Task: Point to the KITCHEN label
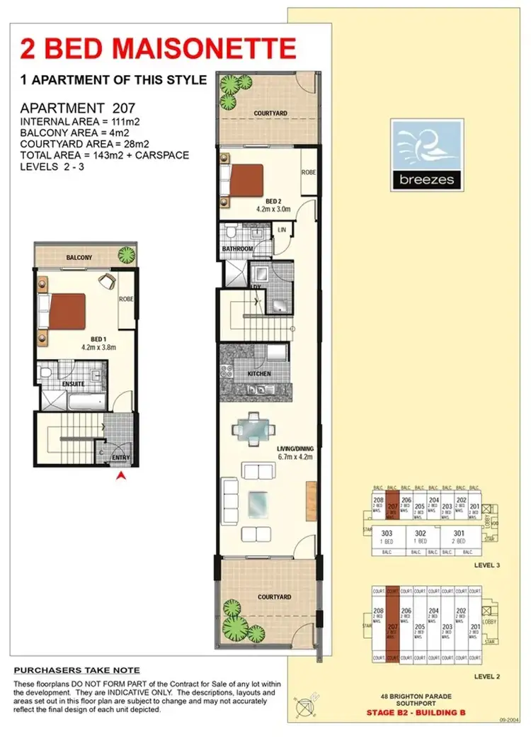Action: click(x=259, y=373)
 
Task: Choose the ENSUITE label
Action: click(x=72, y=383)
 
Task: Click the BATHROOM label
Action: click(x=236, y=249)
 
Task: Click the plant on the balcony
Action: click(x=127, y=254)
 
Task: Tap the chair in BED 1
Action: click(x=107, y=281)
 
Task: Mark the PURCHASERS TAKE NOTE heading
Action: click(x=77, y=670)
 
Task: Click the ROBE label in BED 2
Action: click(x=308, y=172)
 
